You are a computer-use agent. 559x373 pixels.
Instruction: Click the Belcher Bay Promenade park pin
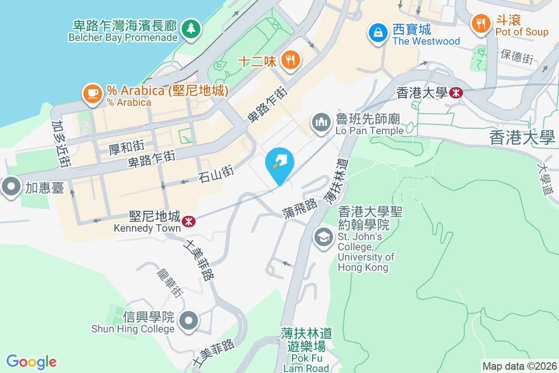click(x=190, y=28)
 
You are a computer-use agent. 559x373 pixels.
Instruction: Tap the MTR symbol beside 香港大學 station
click(x=456, y=93)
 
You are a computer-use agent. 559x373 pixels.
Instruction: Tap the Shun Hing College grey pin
click(x=189, y=321)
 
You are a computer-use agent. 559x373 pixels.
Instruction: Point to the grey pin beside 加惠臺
click(x=11, y=187)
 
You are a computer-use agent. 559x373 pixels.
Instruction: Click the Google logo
click(x=31, y=361)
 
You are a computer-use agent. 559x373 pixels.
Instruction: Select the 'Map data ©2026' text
click(x=519, y=366)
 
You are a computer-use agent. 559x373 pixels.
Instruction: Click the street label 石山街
click(x=216, y=174)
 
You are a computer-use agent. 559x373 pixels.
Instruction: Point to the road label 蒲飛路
click(x=300, y=209)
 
